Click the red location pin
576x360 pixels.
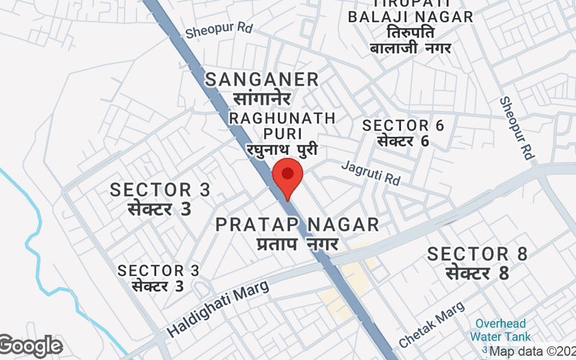288,179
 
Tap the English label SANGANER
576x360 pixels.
262,79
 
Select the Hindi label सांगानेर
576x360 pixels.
262,98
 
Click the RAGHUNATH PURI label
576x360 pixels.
282,125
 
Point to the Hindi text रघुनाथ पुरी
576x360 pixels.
281,150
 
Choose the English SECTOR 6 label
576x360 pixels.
403,125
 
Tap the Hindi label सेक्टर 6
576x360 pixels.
403,140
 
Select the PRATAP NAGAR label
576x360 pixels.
297,225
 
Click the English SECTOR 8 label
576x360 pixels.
477,253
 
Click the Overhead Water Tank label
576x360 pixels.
501,330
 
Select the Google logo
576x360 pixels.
30,346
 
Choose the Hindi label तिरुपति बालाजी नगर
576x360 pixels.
410,40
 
